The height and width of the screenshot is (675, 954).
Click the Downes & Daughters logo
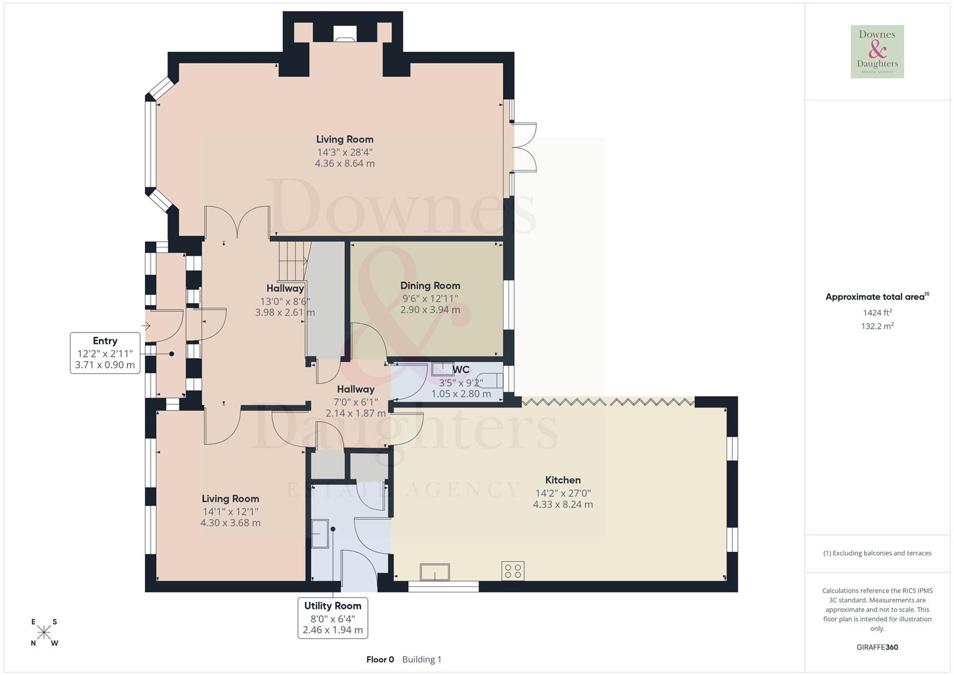pyautogui.click(x=877, y=51)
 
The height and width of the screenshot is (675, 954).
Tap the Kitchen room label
pyautogui.click(x=563, y=480)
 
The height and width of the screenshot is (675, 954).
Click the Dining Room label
pyautogui.click(x=430, y=286)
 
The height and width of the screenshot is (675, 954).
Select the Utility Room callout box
pyautogui.click(x=332, y=617)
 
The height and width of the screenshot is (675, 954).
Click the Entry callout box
pyautogui.click(x=105, y=353)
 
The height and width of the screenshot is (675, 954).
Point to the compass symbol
pyautogui.click(x=44, y=632)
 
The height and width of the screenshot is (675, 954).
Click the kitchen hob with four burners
pyautogui.click(x=512, y=571)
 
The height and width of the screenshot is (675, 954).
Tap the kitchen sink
pyautogui.click(x=435, y=571)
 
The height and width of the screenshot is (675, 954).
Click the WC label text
pyautogui.click(x=461, y=370)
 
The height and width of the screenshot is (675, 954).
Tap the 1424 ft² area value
pyautogui.click(x=877, y=312)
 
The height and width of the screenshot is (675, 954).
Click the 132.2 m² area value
pyautogui.click(x=877, y=326)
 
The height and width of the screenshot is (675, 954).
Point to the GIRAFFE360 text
pyautogui.click(x=877, y=647)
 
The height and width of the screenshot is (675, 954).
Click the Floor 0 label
pyautogui.click(x=380, y=659)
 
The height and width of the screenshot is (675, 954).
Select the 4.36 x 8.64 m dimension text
pyautogui.click(x=344, y=164)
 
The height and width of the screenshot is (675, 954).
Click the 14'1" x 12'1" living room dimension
pyautogui.click(x=230, y=511)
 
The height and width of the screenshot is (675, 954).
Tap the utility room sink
pyautogui.click(x=320, y=534)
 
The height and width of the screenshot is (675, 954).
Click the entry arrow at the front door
pyautogui.click(x=147, y=326)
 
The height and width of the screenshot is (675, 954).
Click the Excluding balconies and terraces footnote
pyautogui.click(x=877, y=553)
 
